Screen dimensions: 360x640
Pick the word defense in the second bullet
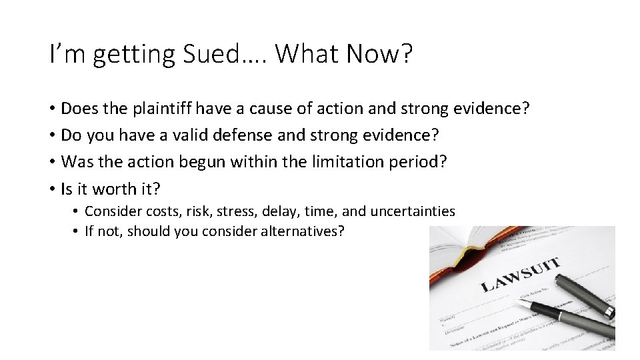tap(248, 135)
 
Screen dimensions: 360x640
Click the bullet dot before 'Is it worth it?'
tap(51, 189)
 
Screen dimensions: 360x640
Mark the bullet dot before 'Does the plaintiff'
tap(51, 109)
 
